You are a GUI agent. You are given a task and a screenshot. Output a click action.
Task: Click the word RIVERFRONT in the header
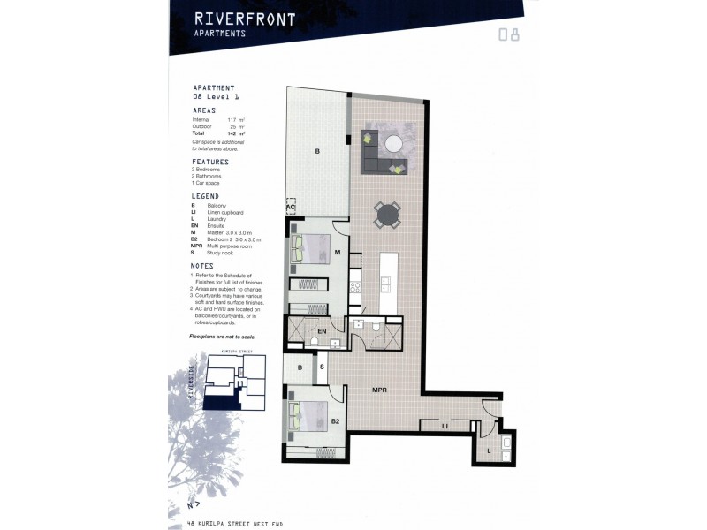(x=232, y=18)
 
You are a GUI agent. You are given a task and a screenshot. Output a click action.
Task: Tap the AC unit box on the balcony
(x=290, y=206)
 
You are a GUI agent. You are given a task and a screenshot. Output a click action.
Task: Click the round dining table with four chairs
(x=387, y=215)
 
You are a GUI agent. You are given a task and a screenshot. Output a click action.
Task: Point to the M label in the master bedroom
(x=337, y=252)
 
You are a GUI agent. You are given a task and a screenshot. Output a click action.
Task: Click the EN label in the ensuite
(x=322, y=331)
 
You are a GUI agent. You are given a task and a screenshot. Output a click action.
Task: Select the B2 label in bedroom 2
(x=335, y=421)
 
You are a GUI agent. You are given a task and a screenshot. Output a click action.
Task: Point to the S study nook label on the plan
(x=322, y=367)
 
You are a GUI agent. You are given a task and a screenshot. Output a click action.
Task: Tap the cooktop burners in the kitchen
(x=354, y=286)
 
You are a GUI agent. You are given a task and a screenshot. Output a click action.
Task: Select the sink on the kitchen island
(x=386, y=283)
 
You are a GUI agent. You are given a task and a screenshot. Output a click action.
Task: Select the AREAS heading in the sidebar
(x=204, y=110)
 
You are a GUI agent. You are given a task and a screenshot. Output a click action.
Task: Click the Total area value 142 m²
(x=235, y=133)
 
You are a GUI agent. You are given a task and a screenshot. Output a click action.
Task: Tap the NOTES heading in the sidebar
(x=202, y=265)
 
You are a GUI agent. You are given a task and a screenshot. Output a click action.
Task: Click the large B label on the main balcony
(x=315, y=152)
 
